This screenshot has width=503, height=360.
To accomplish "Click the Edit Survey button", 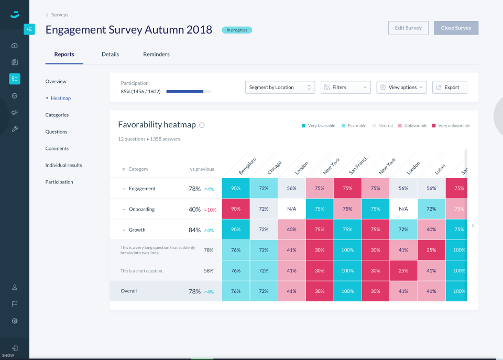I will pos(408,28).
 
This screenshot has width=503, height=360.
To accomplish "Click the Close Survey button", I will pos(456,28).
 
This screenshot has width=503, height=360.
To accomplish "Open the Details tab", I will pos(110,54).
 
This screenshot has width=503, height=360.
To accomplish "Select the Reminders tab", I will pos(156,54).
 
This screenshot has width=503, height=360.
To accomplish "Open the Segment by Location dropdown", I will pos(280,88).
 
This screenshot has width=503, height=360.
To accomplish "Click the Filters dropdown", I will pos(345,88).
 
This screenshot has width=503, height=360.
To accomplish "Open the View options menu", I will pos(401,88).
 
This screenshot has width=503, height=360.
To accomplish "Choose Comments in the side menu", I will pos(57,148).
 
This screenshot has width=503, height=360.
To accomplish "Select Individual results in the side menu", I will pos(63,165).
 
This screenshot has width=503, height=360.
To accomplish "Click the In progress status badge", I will pos(237,30).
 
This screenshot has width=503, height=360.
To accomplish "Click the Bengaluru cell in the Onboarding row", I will pos(236,209).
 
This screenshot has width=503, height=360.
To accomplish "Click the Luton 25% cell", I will pos(431,250).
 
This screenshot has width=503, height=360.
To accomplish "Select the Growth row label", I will pos(137,230).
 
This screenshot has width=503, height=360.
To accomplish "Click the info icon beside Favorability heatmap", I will pos(202,125).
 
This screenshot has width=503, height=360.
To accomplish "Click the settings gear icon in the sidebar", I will pos(15,321).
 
